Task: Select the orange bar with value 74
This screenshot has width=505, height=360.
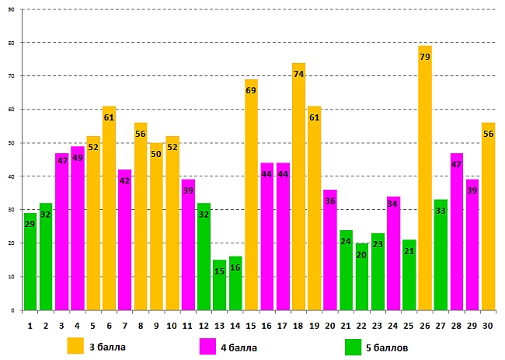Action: (298, 187)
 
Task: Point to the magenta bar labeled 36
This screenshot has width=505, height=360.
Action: (330, 250)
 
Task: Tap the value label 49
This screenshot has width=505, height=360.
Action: (78, 158)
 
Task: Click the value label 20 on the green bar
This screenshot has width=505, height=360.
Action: (361, 254)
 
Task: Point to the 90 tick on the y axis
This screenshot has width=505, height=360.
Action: (12, 9)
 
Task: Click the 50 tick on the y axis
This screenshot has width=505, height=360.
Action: (12, 143)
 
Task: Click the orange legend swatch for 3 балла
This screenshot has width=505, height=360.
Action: (75, 346)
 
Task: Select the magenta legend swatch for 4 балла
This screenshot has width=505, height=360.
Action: (208, 346)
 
